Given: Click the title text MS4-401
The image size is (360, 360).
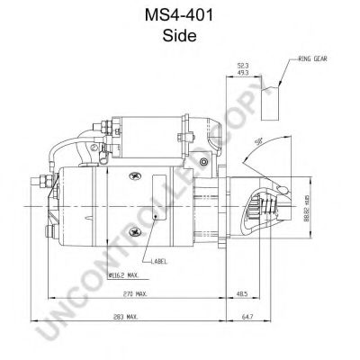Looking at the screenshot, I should [x=180, y=15].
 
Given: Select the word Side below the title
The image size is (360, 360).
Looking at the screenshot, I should [x=180, y=37].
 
